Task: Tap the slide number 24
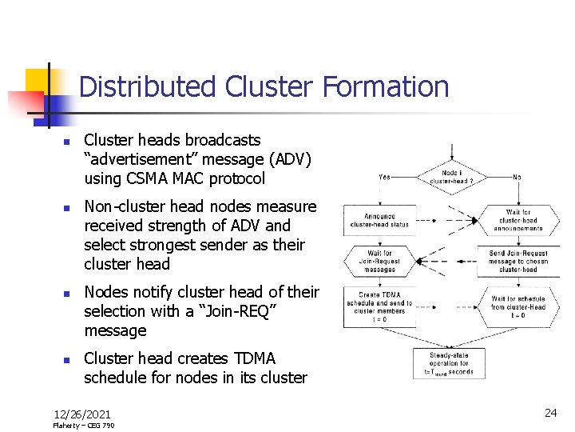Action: pyautogui.click(x=550, y=413)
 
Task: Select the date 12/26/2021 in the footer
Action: pyautogui.click(x=82, y=414)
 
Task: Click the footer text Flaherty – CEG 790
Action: pyautogui.click(x=83, y=426)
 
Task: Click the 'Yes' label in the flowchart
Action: pyautogui.click(x=384, y=178)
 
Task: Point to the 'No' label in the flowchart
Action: pyautogui.click(x=517, y=178)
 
